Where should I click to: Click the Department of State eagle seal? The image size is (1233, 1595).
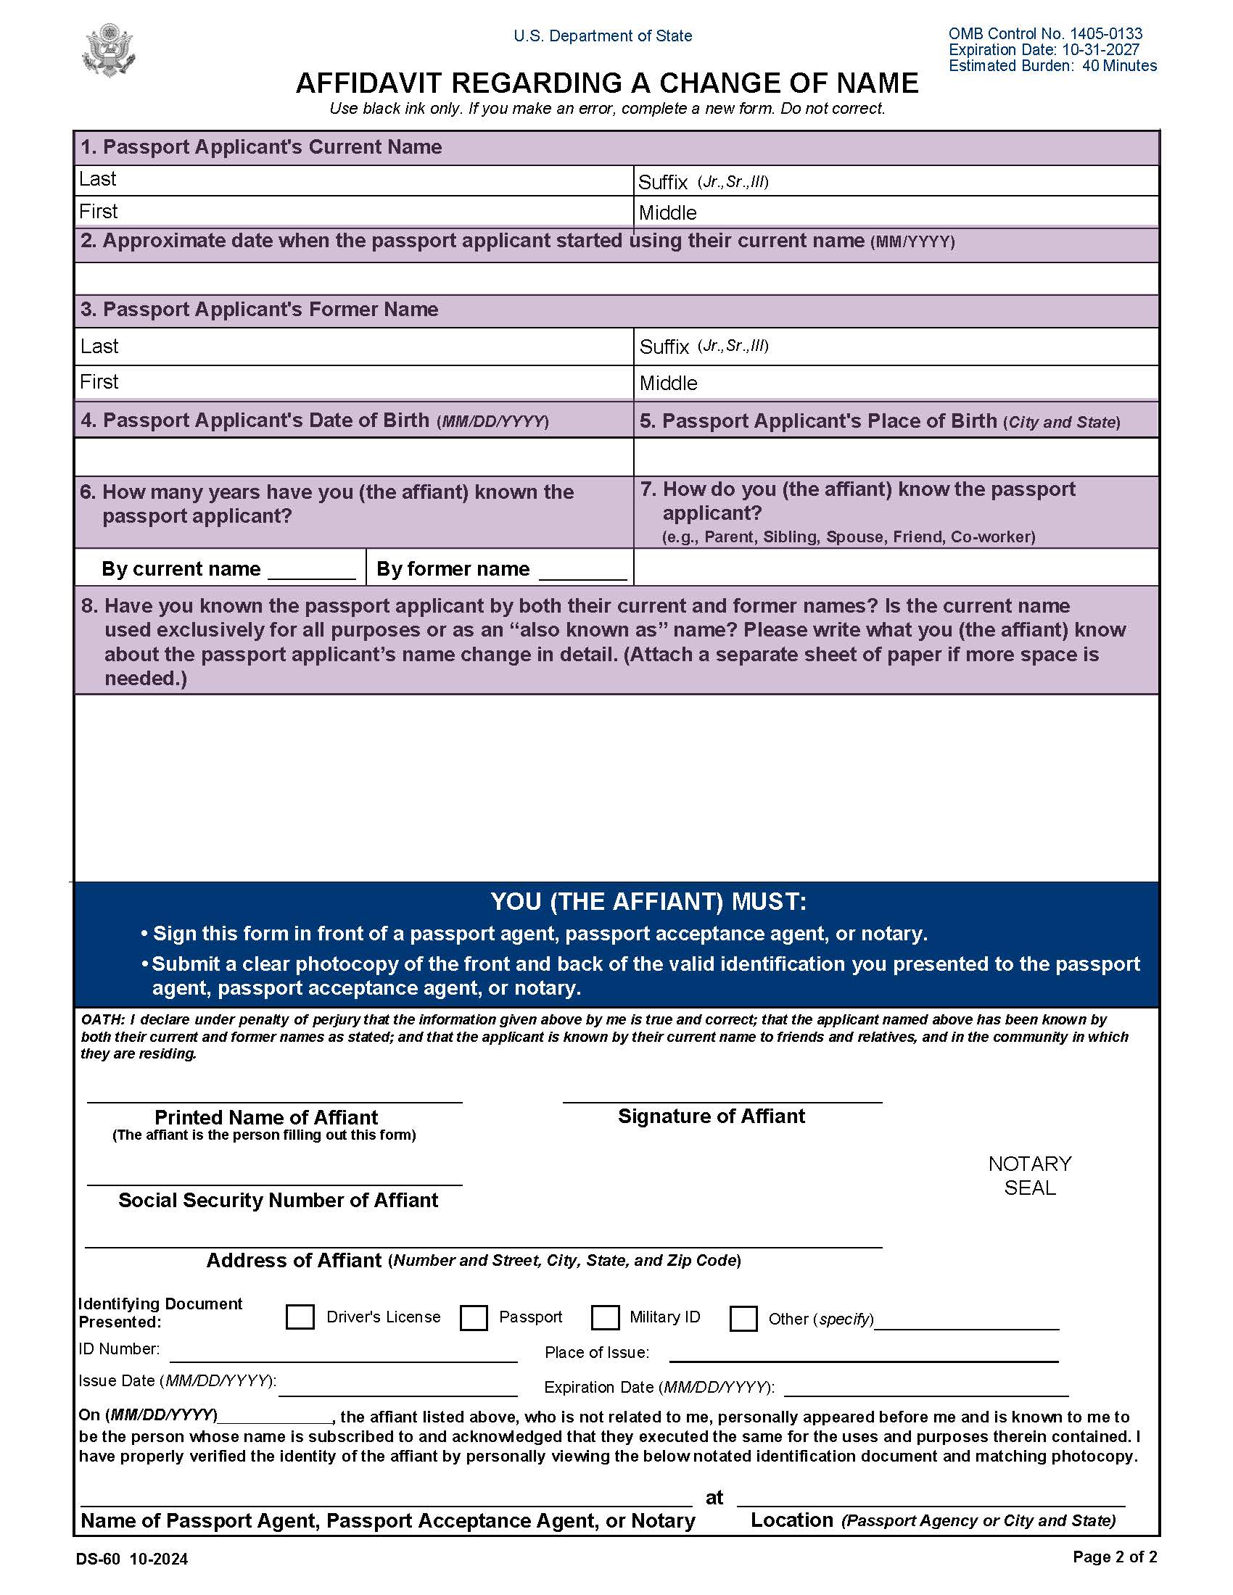[x=110, y=49]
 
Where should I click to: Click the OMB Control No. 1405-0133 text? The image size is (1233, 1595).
[x=1044, y=33]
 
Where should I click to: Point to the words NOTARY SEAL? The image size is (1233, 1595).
[x=1029, y=1175]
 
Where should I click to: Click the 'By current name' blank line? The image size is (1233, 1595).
[x=312, y=571]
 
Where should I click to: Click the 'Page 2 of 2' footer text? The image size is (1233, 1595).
[x=1114, y=1557]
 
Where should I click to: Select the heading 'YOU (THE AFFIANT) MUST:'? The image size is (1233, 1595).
[x=648, y=902]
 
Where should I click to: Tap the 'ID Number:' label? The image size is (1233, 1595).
[x=119, y=1349]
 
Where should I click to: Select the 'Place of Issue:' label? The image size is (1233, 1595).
[x=596, y=1353]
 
